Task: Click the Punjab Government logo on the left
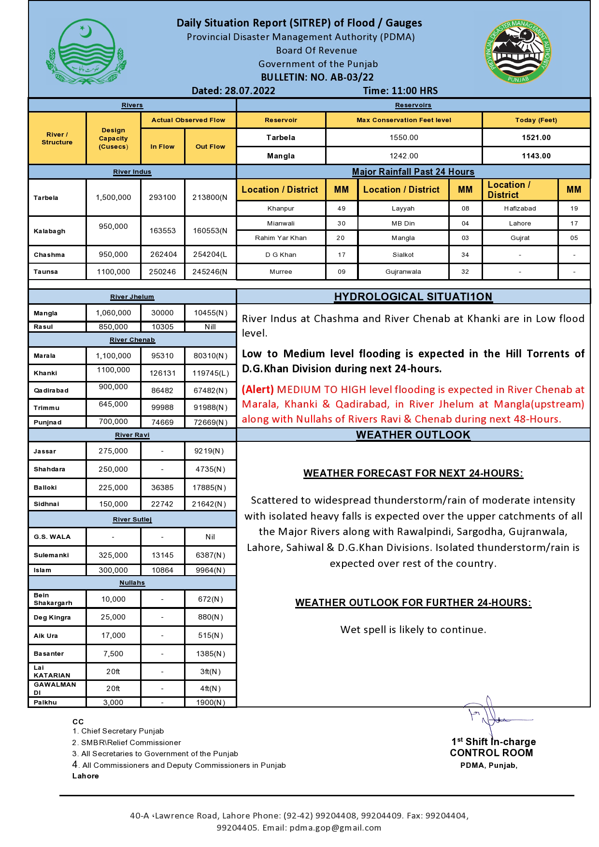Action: click(86, 52)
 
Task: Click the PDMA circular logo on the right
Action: click(518, 52)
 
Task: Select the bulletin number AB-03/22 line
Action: click(317, 77)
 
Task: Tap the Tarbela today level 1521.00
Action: click(536, 138)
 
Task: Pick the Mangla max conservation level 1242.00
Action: click(404, 156)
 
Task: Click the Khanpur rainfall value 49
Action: click(342, 209)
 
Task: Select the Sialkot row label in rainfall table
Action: click(403, 255)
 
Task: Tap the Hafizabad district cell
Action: click(520, 209)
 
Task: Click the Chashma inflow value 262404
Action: click(163, 254)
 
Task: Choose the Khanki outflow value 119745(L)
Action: click(211, 373)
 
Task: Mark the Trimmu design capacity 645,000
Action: click(113, 404)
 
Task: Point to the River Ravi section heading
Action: click(132, 435)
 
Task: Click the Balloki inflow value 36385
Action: click(162, 488)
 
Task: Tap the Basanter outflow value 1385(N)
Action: click(211, 654)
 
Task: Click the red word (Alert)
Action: click(258, 390)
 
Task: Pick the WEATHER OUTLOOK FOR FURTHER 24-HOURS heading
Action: click(413, 603)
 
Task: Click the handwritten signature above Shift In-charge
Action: click(493, 715)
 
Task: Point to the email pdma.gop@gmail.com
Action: click(335, 828)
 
